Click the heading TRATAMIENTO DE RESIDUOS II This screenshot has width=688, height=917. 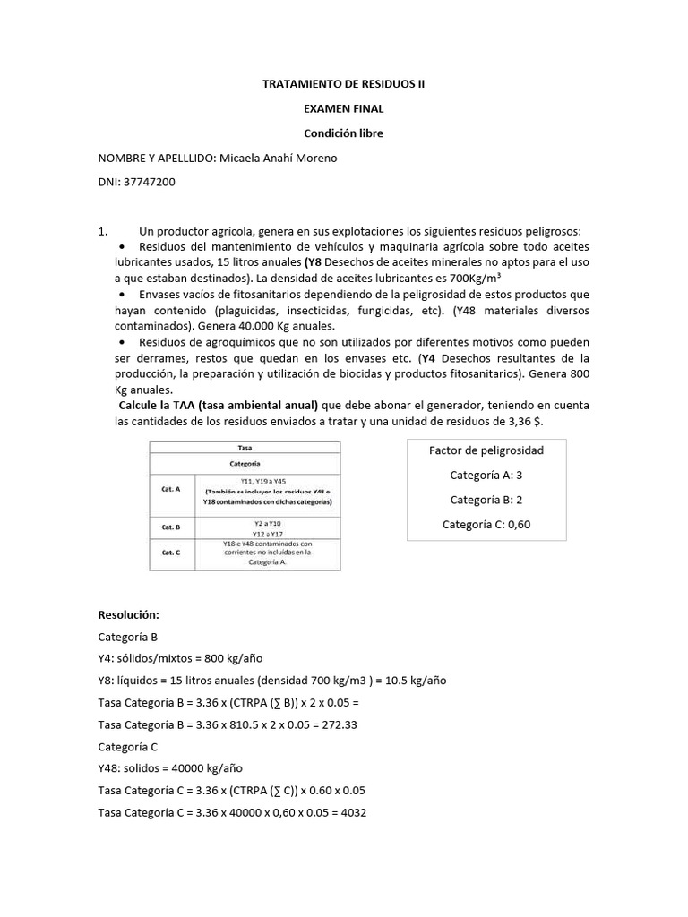pyautogui.click(x=344, y=84)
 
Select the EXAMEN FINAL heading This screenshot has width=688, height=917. pyautogui.click(x=344, y=109)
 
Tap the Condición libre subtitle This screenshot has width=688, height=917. pyautogui.click(x=344, y=133)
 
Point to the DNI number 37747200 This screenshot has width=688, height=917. pyautogui.click(x=150, y=182)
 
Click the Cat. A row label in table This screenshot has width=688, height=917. pyautogui.click(x=170, y=489)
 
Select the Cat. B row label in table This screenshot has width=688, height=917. pyautogui.click(x=170, y=527)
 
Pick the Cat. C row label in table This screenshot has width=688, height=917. pyautogui.click(x=170, y=553)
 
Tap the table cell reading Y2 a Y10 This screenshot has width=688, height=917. pyautogui.click(x=268, y=522)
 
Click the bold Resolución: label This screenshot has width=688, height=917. pyautogui.click(x=128, y=615)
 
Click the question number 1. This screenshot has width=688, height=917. pyautogui.click(x=102, y=230)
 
